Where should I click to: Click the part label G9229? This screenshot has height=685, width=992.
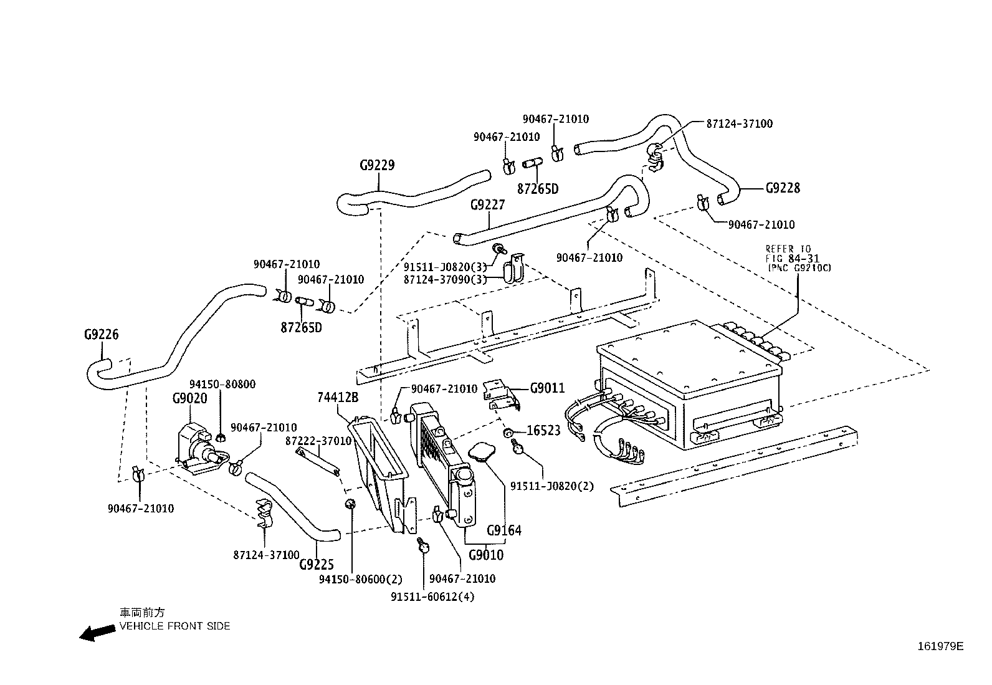point(377,166)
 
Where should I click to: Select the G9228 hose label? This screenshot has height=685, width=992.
point(782,188)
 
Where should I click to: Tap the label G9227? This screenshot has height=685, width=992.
point(487,205)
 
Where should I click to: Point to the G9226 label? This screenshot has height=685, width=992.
point(101,335)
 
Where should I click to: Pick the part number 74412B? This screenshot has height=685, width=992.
point(338,398)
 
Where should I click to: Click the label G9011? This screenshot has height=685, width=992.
point(547,388)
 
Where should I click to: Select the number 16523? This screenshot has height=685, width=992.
point(543,430)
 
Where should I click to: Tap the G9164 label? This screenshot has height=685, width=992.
point(504,530)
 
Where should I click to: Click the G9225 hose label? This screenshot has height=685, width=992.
point(317,564)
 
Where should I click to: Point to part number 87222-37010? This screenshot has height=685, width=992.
point(318,441)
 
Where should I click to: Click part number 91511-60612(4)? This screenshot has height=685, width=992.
point(432,596)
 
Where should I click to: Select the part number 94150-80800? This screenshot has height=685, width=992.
point(222,385)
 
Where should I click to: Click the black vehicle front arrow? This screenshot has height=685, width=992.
point(98,633)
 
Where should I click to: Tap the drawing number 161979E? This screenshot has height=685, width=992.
point(940,646)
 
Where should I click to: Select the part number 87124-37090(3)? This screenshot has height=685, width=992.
point(445,280)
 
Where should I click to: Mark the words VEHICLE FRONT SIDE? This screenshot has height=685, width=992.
point(175,626)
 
